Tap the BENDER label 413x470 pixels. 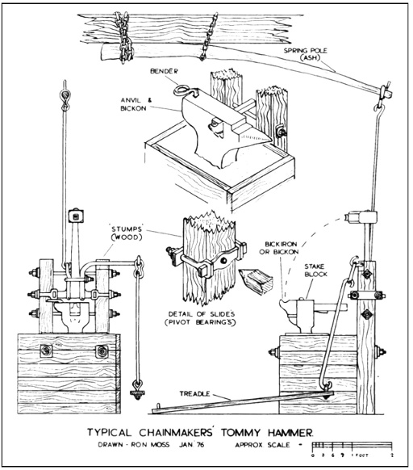(164, 71)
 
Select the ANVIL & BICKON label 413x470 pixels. (134, 104)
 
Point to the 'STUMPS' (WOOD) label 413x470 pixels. (127, 233)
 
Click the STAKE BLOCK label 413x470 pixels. (316, 270)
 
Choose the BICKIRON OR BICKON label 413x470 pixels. (279, 248)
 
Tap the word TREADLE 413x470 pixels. (194, 393)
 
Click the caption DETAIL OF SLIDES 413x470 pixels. (202, 314)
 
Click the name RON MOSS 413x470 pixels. (150, 444)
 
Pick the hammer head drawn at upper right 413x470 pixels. (361, 217)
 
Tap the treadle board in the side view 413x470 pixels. (243, 402)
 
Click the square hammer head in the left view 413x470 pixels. (76, 216)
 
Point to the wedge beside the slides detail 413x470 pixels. (256, 280)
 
